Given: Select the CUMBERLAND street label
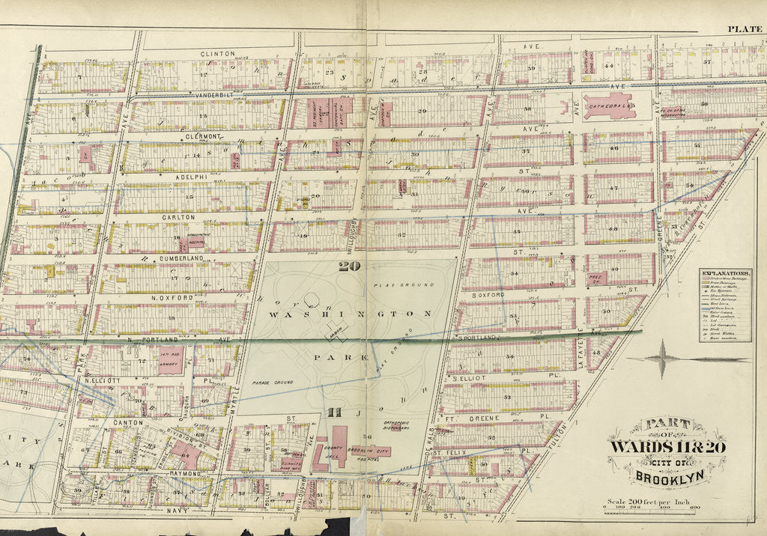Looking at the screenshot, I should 181,258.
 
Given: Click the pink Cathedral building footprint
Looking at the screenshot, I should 607,106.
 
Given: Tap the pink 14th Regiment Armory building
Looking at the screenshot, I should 170,360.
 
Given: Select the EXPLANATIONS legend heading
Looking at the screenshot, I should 724,272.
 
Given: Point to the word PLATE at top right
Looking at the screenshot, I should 745,30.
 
